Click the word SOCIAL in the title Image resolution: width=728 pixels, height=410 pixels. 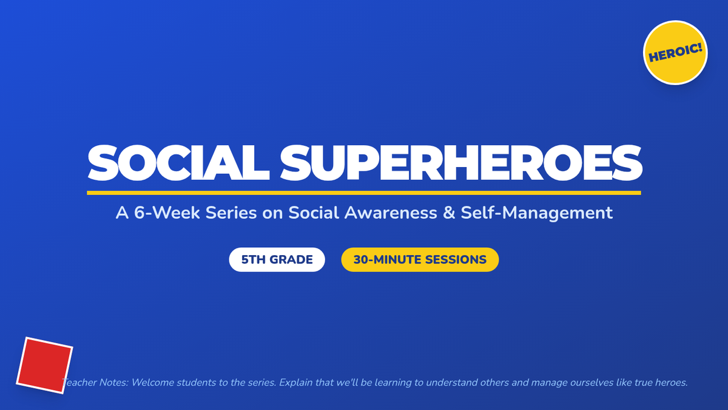(178, 163)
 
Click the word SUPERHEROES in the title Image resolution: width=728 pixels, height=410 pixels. (461, 163)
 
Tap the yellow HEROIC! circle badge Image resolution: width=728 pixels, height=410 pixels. (675, 53)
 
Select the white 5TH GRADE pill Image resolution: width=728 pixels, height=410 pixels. (277, 260)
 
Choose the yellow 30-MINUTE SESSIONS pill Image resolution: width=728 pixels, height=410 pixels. (420, 260)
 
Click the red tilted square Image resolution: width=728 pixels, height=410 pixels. (44, 366)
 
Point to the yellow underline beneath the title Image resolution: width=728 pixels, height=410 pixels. (364, 193)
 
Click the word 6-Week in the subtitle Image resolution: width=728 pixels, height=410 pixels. (167, 213)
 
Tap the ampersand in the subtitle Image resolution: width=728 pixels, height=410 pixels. (449, 213)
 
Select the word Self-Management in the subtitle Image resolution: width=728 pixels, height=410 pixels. (536, 213)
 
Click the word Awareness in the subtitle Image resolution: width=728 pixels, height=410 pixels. (391, 213)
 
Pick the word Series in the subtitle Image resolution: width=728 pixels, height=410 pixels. (231, 213)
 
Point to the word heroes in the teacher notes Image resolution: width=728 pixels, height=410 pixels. (671, 382)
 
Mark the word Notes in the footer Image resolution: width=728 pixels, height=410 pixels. (114, 382)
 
